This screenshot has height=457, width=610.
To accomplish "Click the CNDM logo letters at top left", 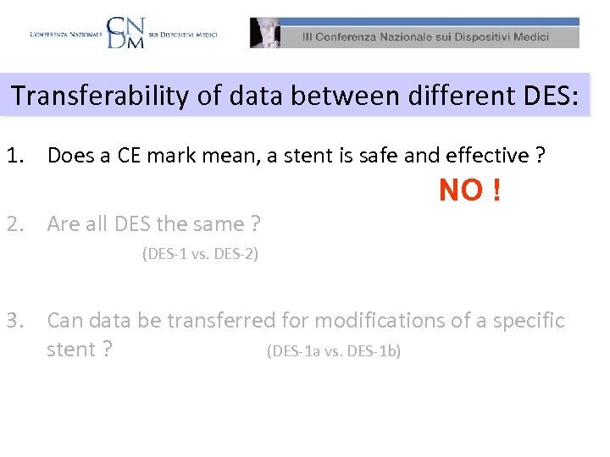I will (x=125, y=33).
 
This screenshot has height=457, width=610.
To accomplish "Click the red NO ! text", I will (x=469, y=191).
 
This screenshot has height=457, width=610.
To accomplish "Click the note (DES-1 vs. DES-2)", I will (x=200, y=253).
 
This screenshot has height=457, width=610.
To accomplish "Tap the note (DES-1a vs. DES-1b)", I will (x=333, y=350).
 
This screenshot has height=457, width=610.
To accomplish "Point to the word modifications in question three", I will (x=357, y=321).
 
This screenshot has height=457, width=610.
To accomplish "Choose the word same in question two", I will (x=219, y=224).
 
